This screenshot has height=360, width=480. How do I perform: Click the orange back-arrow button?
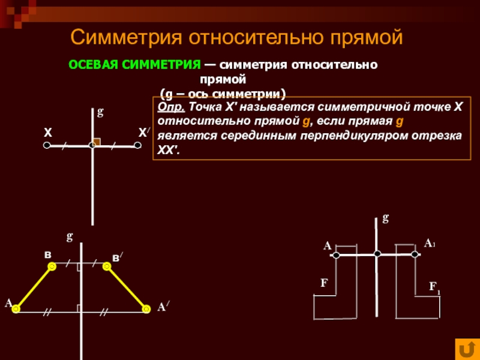pos(466,348)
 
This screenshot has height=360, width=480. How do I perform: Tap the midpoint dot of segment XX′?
pos(92,145)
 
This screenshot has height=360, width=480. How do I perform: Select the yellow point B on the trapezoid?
pos(52,265)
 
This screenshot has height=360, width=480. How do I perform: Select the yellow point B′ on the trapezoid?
pos(107,265)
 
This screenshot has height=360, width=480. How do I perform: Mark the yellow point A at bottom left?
pos(16,308)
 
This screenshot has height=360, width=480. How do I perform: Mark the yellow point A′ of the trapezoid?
pos(146,309)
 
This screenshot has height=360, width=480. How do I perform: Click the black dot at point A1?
pos(415,254)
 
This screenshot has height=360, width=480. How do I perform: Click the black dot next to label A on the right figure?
pos(336,256)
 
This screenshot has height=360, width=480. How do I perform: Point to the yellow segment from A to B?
pos(34,287)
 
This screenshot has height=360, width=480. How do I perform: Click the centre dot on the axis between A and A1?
pos(377,254)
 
